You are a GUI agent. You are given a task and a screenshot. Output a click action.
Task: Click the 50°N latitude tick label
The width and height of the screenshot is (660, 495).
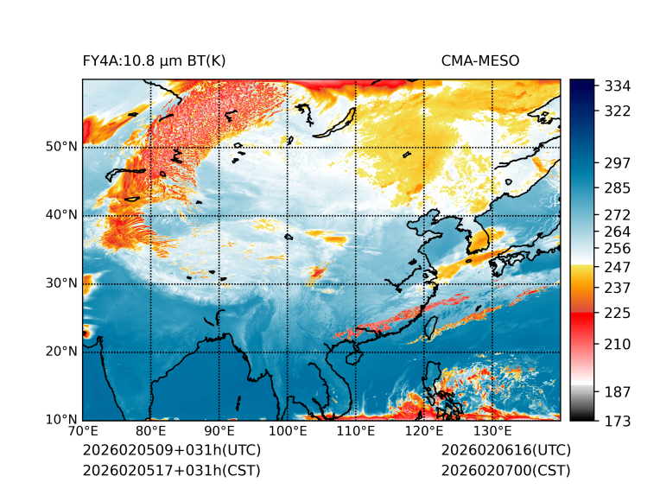(x=60, y=146)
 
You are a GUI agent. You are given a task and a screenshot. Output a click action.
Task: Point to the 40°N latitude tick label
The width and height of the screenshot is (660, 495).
(x=60, y=214)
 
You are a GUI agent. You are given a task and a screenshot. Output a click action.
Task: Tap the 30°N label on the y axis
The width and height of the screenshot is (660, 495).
(x=60, y=282)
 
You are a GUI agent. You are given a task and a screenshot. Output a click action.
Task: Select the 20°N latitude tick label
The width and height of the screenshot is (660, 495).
(x=60, y=352)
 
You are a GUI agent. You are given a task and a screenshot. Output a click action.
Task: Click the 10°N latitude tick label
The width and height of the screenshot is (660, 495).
(x=60, y=420)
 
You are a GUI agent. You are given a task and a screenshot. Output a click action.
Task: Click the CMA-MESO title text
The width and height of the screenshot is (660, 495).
(x=479, y=60)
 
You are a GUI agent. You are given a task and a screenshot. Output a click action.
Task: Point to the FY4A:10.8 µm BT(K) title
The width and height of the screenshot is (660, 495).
(x=155, y=60)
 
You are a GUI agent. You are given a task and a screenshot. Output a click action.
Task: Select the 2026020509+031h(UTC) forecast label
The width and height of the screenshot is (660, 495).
(x=171, y=450)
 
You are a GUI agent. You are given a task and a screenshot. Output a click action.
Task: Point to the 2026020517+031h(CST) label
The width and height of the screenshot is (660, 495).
(x=171, y=470)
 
